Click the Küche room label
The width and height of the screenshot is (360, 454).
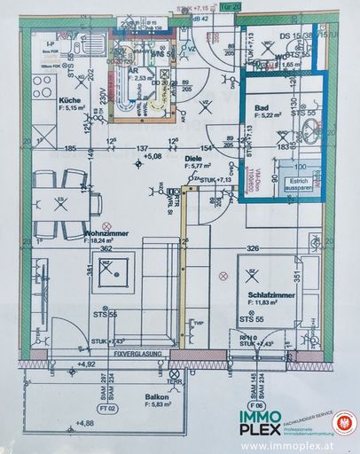coord(71,101)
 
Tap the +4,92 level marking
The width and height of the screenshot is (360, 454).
coord(86,364)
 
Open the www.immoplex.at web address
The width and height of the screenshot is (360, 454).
coord(280,445)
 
